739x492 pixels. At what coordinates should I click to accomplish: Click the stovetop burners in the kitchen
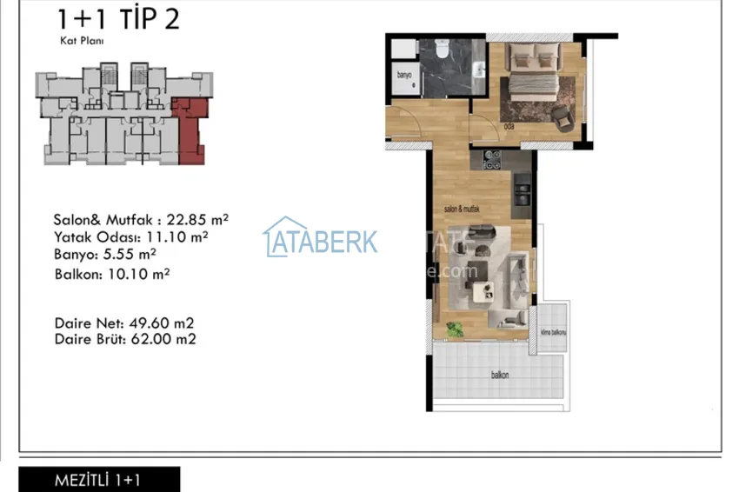491,159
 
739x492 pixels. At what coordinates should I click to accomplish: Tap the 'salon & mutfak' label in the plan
463,209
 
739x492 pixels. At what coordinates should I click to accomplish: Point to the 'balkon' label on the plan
499,376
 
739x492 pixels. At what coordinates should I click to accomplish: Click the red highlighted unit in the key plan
190,129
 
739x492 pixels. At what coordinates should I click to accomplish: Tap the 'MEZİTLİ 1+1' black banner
98,480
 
